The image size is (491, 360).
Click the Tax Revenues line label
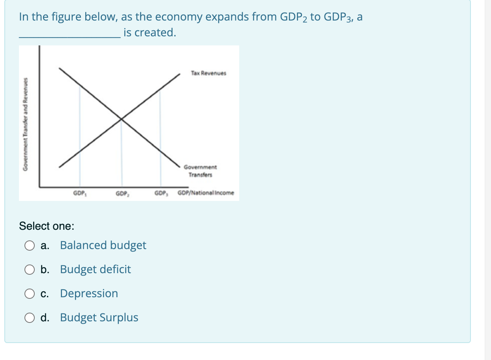pyautogui.click(x=208, y=73)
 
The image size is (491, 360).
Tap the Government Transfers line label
pyautogui.click(x=200, y=171)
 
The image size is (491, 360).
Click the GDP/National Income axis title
pyautogui.click(x=206, y=193)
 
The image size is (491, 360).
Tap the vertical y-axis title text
pyautogui.click(x=25, y=123)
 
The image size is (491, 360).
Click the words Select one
pyautogui.click(x=46, y=226)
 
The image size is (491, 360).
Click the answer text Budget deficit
pyautogui.click(x=96, y=270)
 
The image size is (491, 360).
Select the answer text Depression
pyautogui.click(x=89, y=294)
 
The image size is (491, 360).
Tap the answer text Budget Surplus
pyautogui.click(x=99, y=318)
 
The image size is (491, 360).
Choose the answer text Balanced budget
pyautogui.click(x=103, y=246)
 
